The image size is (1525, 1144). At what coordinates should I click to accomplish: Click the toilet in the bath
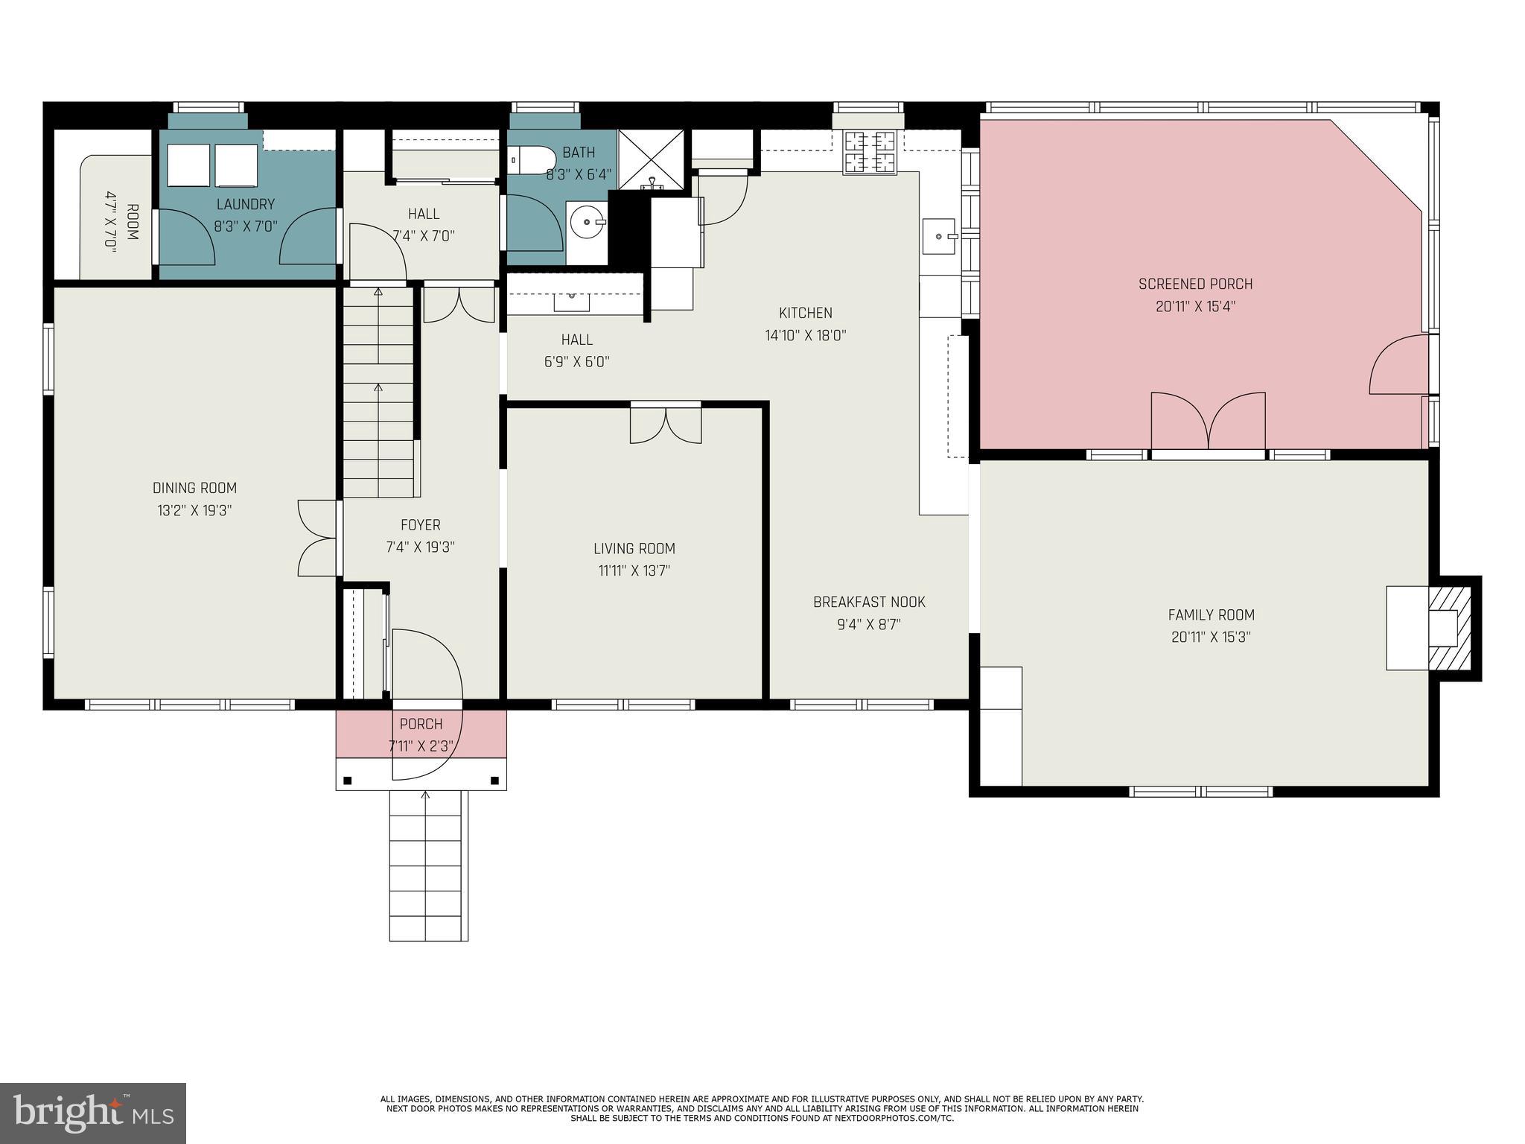532,159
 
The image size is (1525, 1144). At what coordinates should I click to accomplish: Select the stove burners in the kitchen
870,153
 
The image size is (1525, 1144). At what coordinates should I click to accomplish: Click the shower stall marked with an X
652,158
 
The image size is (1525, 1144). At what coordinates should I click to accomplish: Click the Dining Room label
194,489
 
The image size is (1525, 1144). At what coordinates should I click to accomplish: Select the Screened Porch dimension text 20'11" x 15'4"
1195,307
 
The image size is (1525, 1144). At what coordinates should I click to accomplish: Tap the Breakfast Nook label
869,602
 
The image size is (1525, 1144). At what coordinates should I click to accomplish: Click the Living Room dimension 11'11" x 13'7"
634,571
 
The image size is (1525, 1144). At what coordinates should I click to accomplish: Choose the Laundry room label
246,204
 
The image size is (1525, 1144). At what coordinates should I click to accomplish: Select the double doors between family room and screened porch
1208,422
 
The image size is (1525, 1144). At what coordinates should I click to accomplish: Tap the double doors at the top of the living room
666,425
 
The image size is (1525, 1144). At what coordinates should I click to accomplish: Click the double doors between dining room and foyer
318,538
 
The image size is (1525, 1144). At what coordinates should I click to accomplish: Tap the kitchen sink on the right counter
940,236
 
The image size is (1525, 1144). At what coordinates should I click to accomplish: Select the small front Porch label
421,724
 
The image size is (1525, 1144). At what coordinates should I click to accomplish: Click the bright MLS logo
93,1113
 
